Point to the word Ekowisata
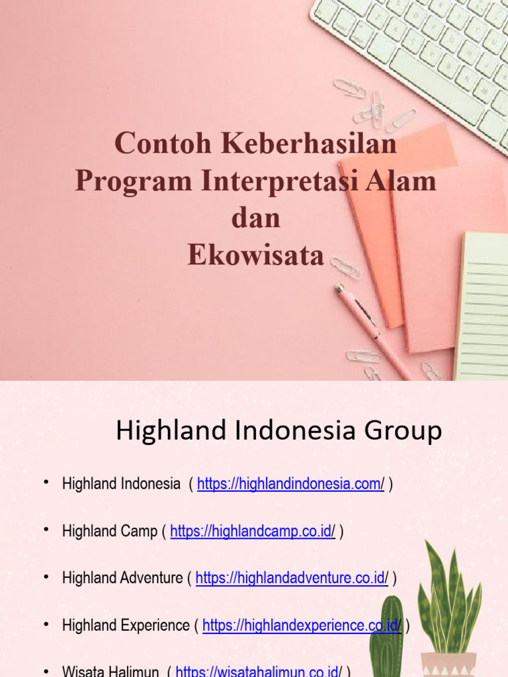pyautogui.click(x=255, y=256)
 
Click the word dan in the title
pyautogui.click(x=255, y=218)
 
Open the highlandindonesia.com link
pyautogui.click(x=290, y=484)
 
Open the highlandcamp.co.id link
pyautogui.click(x=253, y=531)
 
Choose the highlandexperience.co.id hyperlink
pyautogui.click(x=302, y=625)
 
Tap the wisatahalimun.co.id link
pyautogui.click(x=259, y=672)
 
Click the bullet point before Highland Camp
pyautogui.click(x=46, y=530)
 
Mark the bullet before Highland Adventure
pyautogui.click(x=46, y=577)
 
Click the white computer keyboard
pyautogui.click(x=423, y=53)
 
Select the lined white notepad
pyautogui.click(x=483, y=304)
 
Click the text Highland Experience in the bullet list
pyautogui.click(x=126, y=625)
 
